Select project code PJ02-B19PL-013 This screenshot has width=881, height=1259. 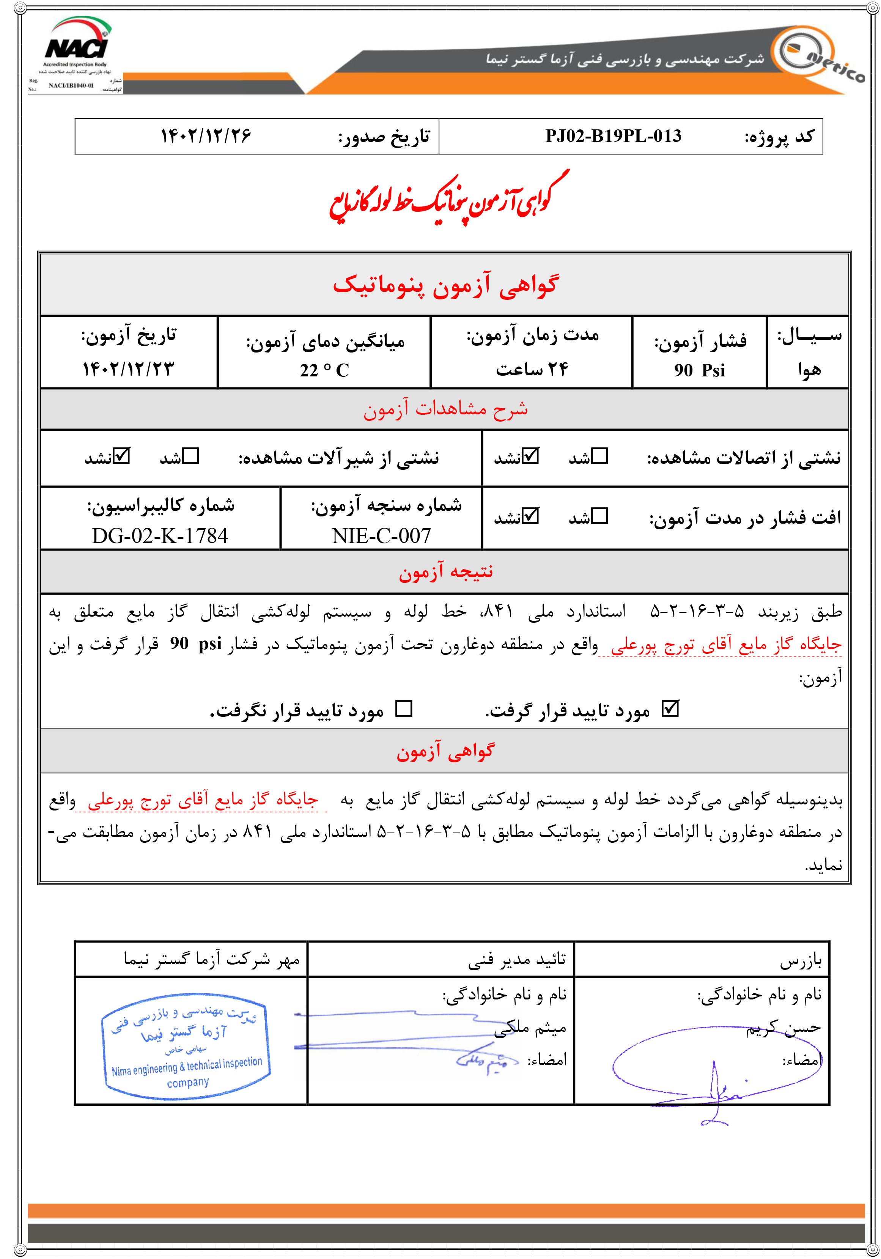pos(613,136)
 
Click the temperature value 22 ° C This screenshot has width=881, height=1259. pos(324,370)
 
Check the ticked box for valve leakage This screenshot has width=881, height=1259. pos(122,456)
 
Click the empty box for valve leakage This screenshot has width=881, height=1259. pos(191,456)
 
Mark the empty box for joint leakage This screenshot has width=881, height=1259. pos(600,456)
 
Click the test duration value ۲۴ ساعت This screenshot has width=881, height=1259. pos(532,370)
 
